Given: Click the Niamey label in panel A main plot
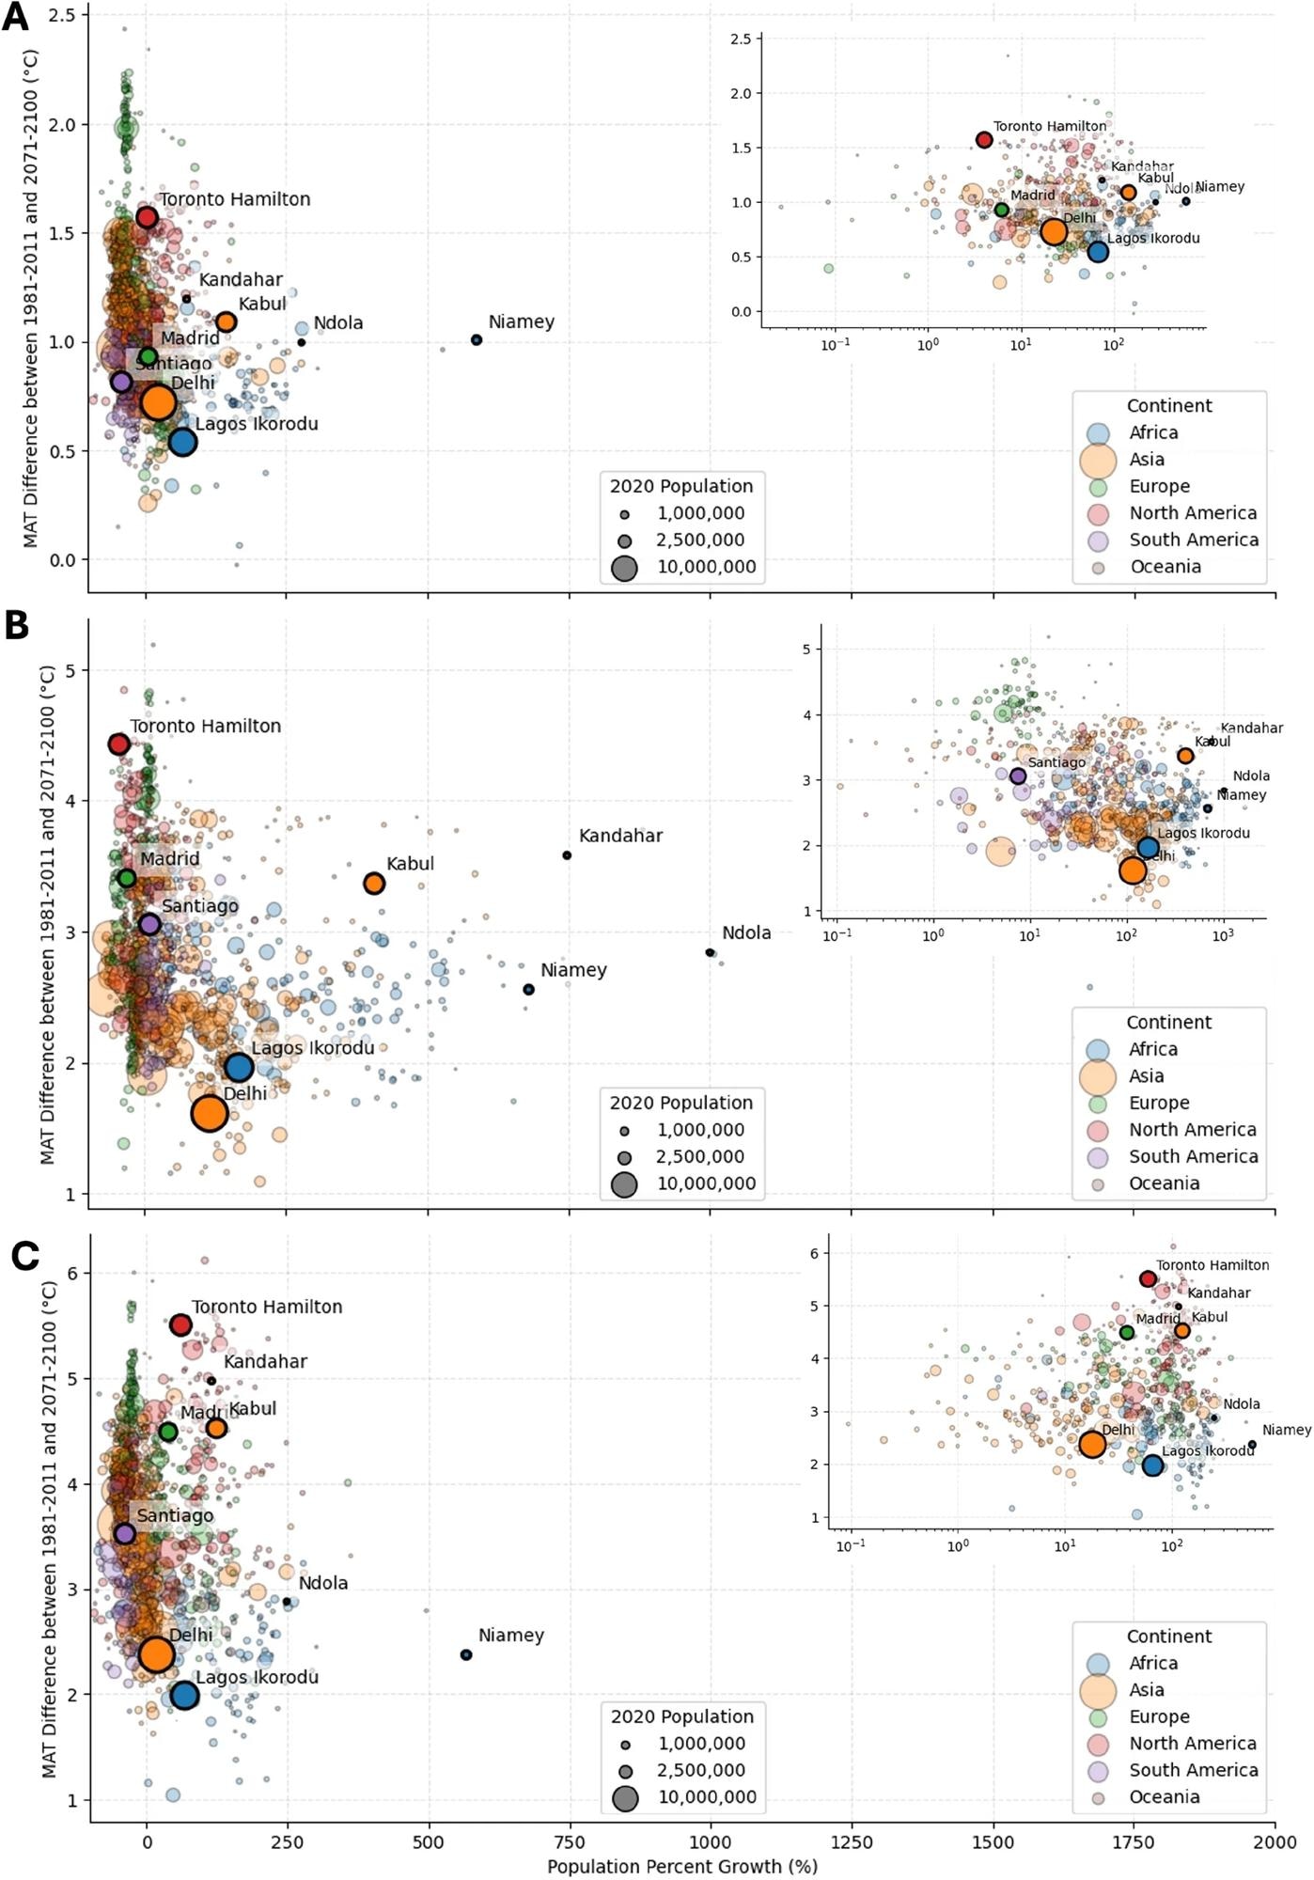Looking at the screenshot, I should [x=521, y=322].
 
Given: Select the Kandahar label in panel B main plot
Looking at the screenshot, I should [x=620, y=836].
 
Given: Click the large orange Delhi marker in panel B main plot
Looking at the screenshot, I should [x=210, y=1113].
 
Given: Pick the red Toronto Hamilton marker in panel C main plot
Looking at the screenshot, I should [x=180, y=1325].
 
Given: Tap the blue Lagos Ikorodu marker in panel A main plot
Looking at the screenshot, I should [x=182, y=442].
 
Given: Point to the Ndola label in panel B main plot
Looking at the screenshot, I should [x=746, y=933].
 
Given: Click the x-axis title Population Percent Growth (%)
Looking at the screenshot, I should [x=681, y=1867].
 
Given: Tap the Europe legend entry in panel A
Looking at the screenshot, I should [x=1159, y=486].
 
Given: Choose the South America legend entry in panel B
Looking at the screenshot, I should [x=1193, y=1156].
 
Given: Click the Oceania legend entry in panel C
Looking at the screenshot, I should [x=1164, y=1797].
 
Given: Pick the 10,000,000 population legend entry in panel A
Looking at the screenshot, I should [x=706, y=567].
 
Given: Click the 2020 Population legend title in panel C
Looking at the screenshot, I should [x=681, y=1716].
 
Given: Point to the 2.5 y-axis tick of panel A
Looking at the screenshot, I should [x=62, y=16].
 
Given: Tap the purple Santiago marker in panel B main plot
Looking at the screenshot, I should [x=149, y=924].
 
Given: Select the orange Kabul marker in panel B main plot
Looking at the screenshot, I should [x=374, y=884].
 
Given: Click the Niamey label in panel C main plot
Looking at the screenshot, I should [x=510, y=1636].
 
